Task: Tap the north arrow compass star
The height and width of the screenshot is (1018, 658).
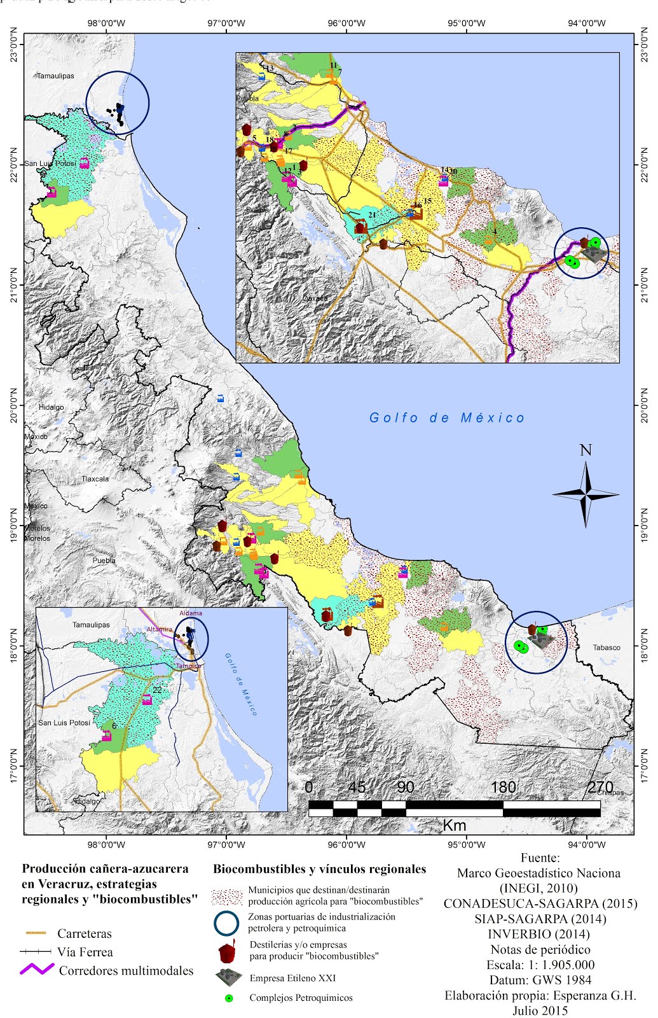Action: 586,494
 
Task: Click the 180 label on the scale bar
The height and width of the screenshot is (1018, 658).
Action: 503,787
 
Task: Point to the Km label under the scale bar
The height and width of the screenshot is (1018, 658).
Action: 454,825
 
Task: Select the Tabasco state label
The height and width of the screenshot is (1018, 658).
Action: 606,648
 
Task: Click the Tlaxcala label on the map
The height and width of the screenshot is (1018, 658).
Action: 95,479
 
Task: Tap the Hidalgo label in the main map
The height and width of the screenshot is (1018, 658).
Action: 51,407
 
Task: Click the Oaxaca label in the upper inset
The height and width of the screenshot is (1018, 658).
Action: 315,298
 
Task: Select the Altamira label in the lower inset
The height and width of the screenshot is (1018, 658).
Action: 159,629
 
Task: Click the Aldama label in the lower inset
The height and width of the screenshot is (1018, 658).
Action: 191,613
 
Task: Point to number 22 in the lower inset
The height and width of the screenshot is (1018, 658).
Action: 157,690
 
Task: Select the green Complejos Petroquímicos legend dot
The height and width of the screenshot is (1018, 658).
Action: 229,998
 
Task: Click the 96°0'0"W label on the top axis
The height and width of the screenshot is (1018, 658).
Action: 346,24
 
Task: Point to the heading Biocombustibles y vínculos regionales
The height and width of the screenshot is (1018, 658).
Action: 319,869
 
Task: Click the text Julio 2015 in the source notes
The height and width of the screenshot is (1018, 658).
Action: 540,1010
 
